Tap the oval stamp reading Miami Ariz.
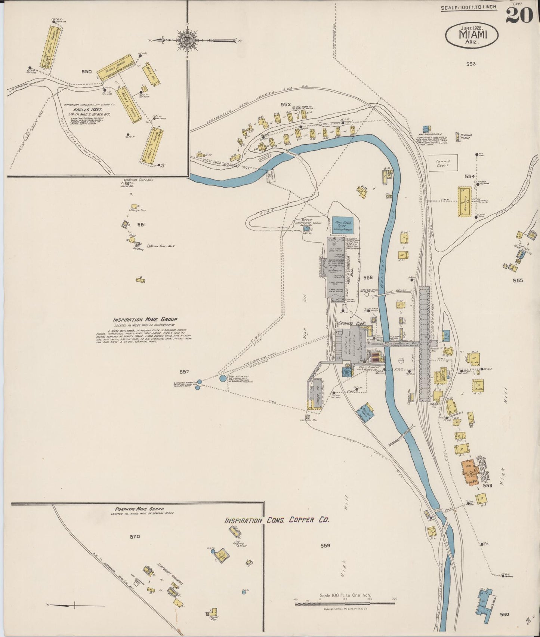click(471, 35)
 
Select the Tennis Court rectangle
click(443, 163)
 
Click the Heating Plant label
click(466, 136)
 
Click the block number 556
click(368, 277)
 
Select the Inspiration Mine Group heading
click(145, 320)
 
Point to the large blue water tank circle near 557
click(223, 379)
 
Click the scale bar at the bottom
click(345, 602)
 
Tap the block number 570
click(135, 536)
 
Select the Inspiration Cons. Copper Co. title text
click(277, 520)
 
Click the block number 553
click(470, 64)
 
